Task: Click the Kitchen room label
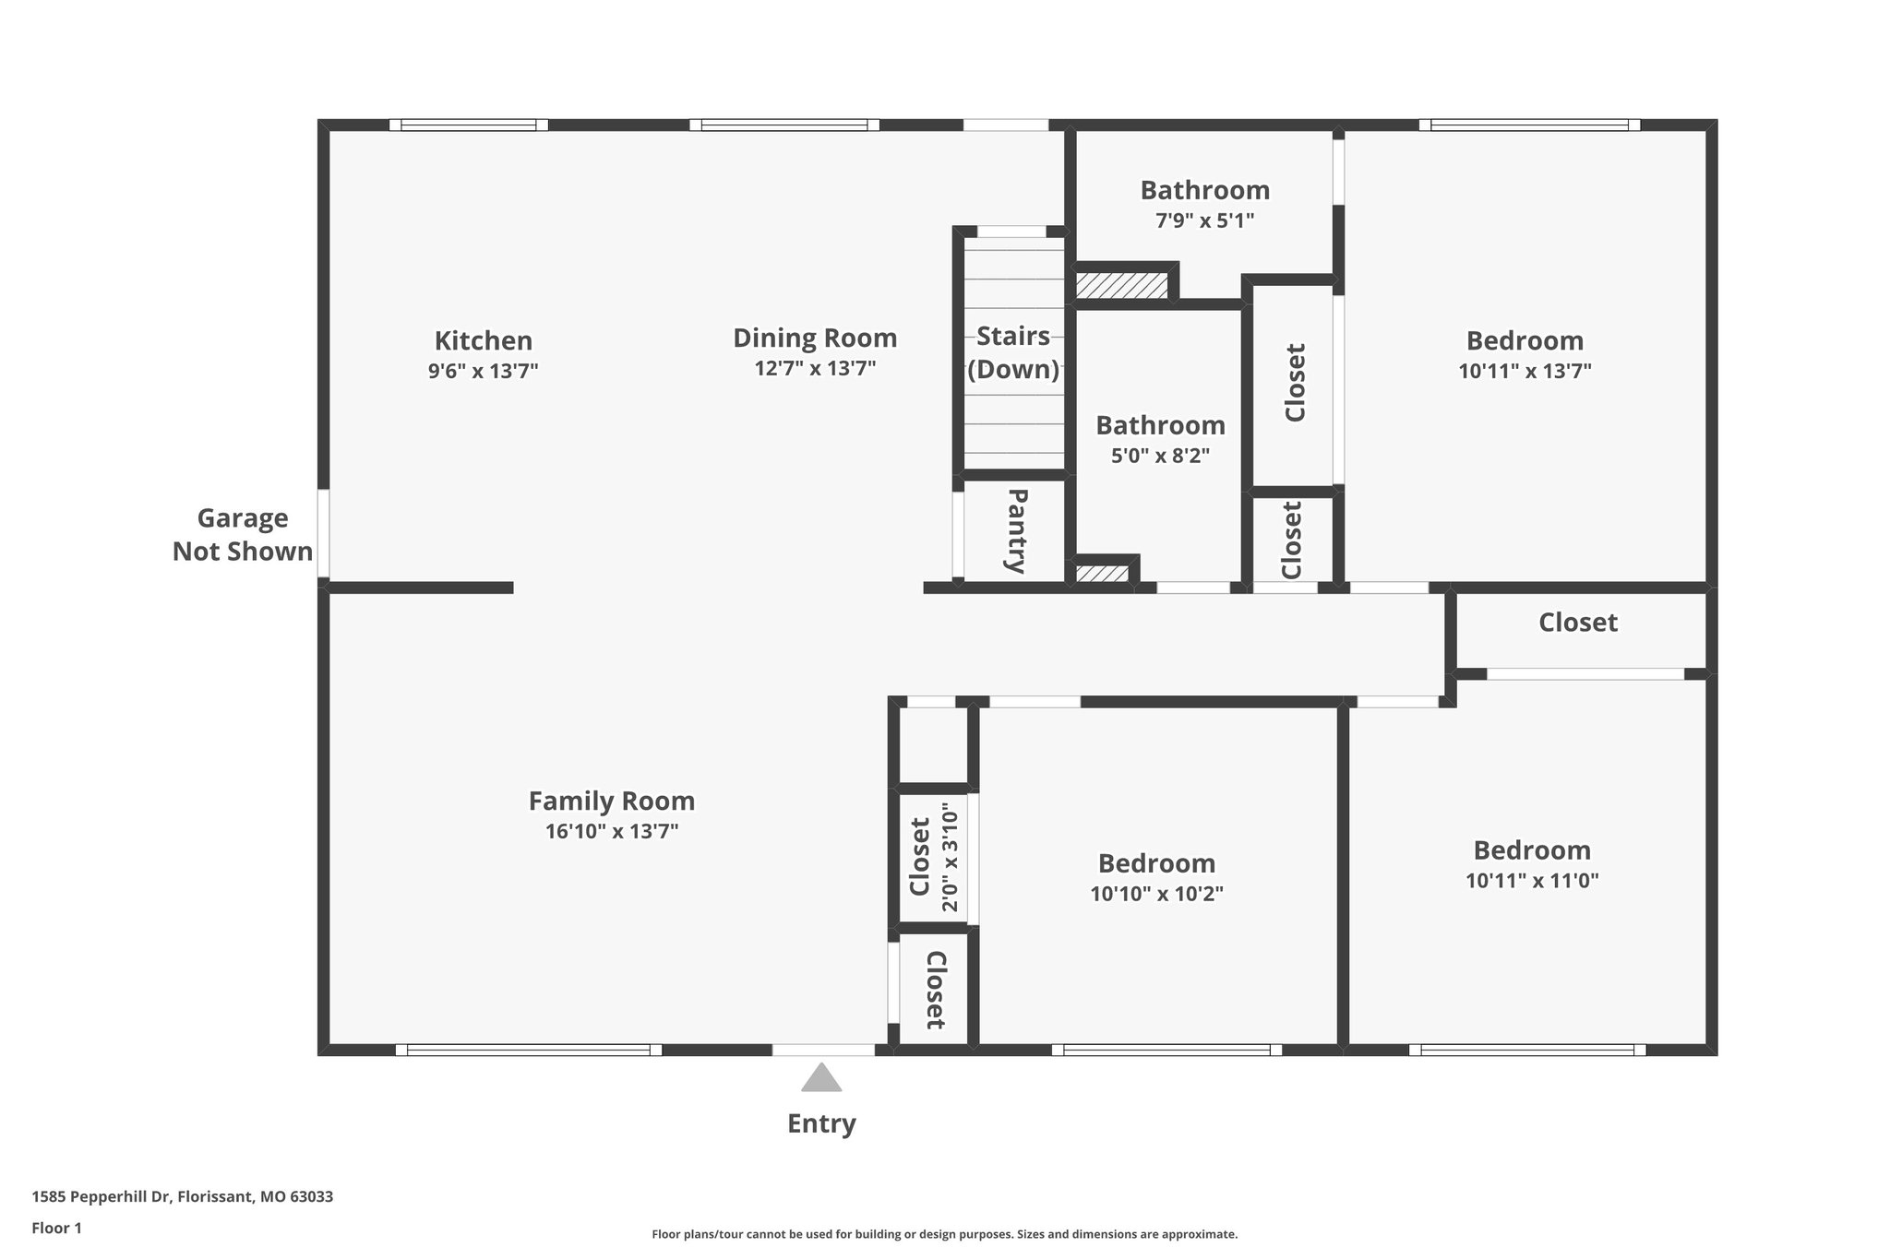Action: click(483, 341)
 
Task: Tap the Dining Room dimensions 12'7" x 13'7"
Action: click(814, 369)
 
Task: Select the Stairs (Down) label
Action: click(1013, 352)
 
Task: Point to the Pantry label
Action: click(1015, 532)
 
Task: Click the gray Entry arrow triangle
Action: click(821, 1078)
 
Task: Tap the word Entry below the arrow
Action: click(821, 1123)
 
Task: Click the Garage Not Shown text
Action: click(243, 535)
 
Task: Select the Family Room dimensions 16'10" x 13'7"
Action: click(612, 832)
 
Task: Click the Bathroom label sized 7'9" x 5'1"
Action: click(1204, 190)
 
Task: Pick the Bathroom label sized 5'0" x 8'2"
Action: click(1160, 425)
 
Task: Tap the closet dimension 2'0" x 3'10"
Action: click(950, 858)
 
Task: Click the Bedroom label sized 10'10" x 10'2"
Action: click(1156, 863)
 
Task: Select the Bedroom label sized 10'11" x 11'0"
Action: click(1532, 850)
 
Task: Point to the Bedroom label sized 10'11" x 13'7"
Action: click(1525, 341)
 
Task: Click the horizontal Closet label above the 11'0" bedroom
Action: click(1577, 623)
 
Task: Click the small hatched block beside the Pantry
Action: click(1102, 574)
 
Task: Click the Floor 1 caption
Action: click(56, 1229)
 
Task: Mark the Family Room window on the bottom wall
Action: click(529, 1050)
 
